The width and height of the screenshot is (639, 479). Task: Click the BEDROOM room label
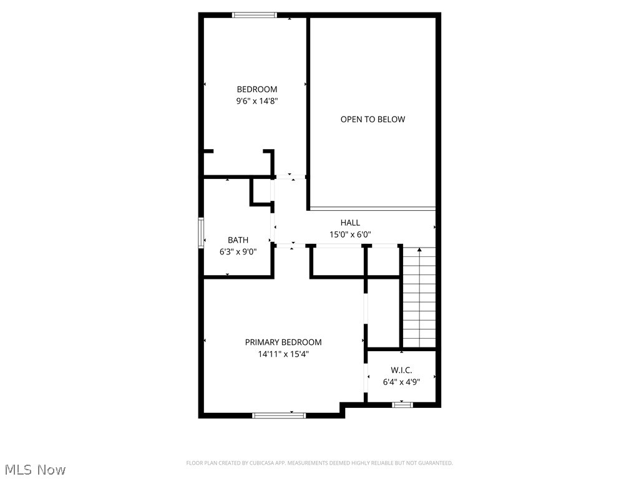point(256,89)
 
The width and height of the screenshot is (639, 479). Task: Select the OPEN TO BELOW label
point(373,119)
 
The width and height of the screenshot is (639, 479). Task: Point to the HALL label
point(350,223)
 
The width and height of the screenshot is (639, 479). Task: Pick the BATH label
point(238,240)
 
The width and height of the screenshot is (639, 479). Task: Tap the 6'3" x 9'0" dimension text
point(238,252)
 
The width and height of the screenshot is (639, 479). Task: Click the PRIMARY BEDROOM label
point(283,342)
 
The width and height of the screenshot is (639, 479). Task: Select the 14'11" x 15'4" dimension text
point(283,354)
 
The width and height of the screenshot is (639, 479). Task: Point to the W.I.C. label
point(401,370)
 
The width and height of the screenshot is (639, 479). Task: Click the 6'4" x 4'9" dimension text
point(401,382)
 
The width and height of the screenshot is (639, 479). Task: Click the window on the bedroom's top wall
point(254,15)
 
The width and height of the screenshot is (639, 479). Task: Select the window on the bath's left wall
point(201,233)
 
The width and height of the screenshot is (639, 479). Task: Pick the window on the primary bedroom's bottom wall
point(279,415)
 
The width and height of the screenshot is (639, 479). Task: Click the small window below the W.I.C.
point(402,405)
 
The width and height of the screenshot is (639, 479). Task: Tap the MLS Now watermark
point(35,469)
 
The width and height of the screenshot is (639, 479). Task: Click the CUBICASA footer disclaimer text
point(319,463)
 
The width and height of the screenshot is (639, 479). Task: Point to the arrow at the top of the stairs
point(419,250)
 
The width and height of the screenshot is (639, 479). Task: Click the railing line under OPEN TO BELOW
point(373,208)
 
